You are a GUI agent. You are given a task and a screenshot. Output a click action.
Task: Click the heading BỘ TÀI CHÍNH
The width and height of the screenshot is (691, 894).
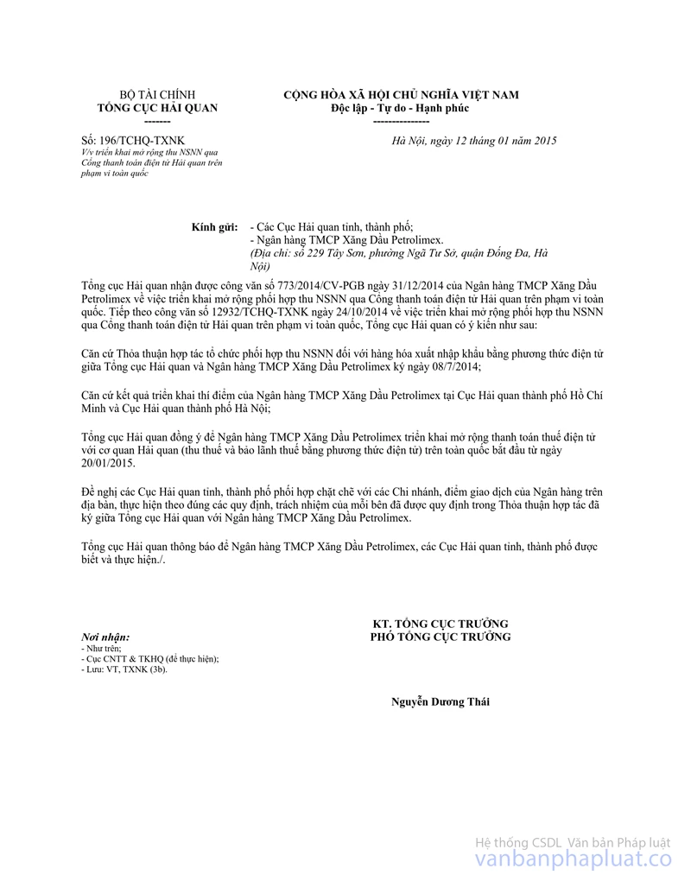click(x=157, y=95)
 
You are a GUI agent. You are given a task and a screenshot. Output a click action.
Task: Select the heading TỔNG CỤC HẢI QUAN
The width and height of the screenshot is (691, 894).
click(x=157, y=108)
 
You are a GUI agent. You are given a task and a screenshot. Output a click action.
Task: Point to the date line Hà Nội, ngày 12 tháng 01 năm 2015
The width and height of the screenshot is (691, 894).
click(x=474, y=140)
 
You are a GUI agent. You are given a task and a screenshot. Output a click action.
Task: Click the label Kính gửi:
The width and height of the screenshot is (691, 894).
click(x=214, y=226)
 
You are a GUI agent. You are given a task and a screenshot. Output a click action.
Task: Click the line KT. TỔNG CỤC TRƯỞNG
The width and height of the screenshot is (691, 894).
click(x=440, y=624)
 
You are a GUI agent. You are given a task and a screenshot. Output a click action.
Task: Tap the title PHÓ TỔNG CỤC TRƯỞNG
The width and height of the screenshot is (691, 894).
click(x=440, y=637)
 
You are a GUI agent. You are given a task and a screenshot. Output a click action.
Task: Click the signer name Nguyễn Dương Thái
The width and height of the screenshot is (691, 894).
click(x=440, y=701)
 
